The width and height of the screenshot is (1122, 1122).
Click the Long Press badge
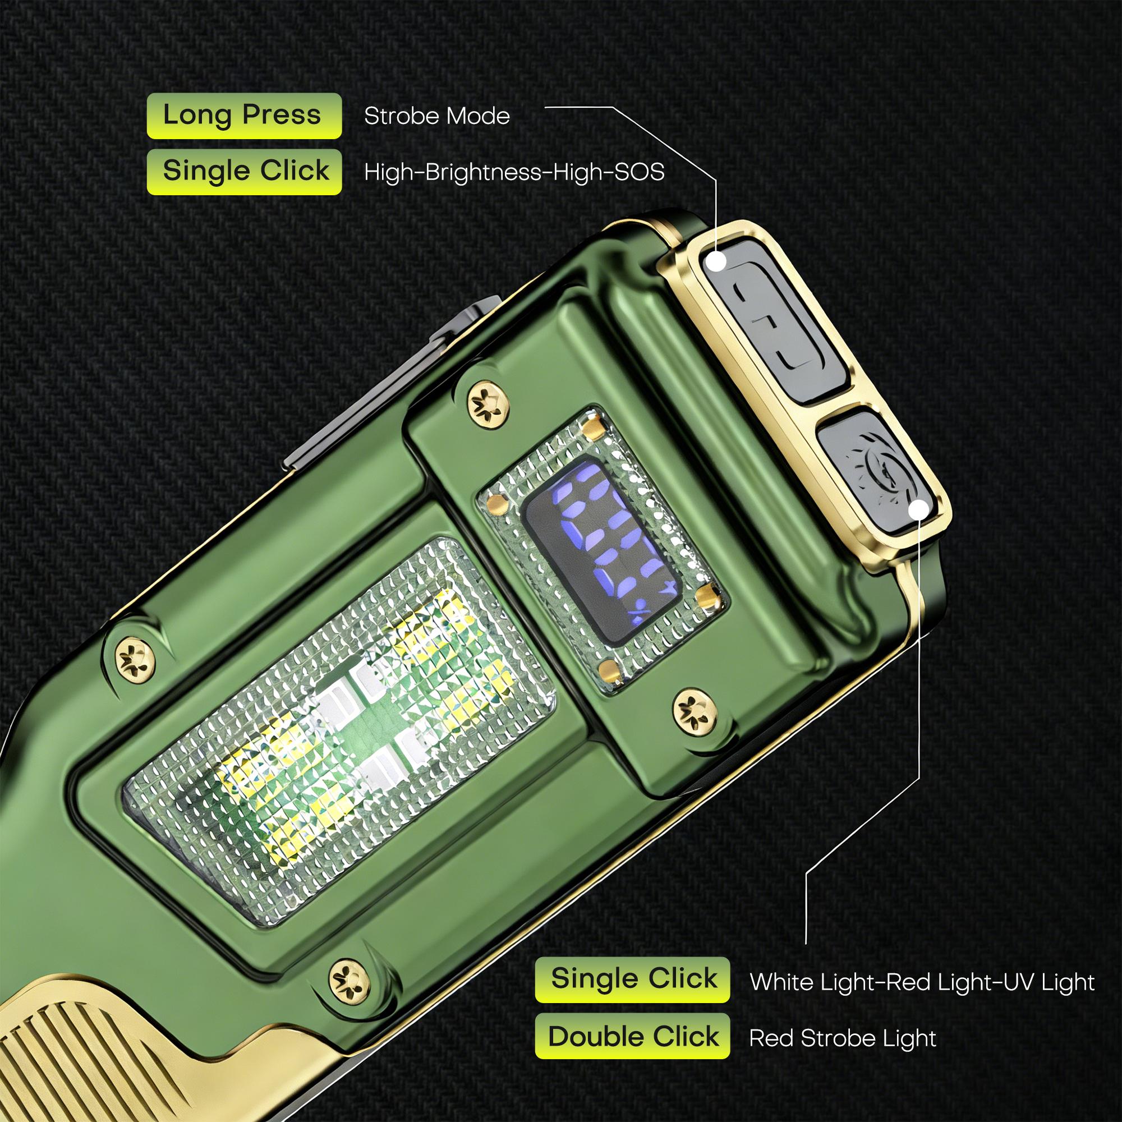[x=244, y=116]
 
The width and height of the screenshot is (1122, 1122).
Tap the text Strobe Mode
[x=436, y=116]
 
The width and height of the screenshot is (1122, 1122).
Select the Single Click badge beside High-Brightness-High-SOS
[x=244, y=171]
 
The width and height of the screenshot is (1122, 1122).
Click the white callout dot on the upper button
[x=717, y=263]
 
